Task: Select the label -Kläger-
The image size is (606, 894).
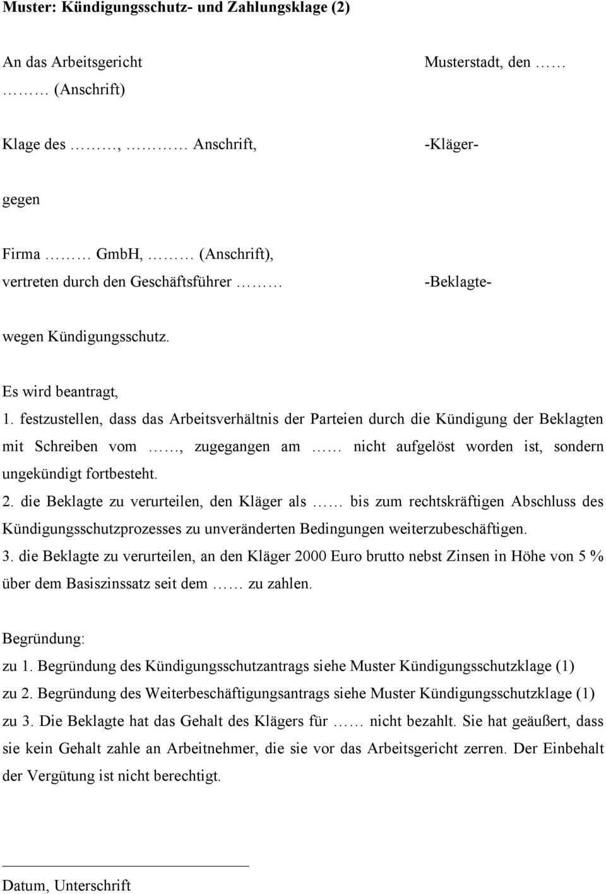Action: click(x=451, y=144)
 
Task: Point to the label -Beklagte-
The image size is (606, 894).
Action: click(x=458, y=282)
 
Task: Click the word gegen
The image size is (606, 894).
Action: click(x=21, y=200)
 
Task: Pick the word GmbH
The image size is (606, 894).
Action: click(x=119, y=254)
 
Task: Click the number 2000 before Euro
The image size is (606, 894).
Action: click(x=311, y=556)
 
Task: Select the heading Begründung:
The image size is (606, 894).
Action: click(x=44, y=638)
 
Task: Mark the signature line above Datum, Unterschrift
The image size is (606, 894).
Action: click(x=126, y=865)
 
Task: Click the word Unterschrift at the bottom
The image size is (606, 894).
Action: click(x=93, y=885)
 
